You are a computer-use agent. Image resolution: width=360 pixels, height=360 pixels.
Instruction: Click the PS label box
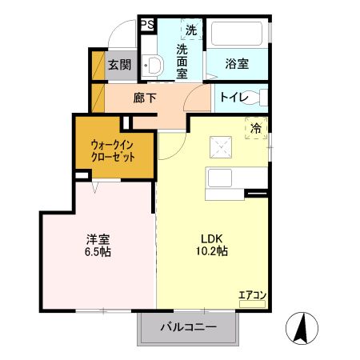pos(146,24)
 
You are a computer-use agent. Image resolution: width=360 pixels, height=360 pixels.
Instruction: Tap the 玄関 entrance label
pos(119,65)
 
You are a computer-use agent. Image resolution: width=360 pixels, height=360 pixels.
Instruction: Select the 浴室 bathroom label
pos(236,63)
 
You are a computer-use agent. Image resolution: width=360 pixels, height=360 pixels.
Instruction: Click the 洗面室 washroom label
pos(182,61)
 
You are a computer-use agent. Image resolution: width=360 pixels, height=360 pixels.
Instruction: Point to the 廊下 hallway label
pos(146,98)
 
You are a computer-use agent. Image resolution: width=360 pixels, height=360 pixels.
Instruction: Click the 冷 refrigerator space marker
pos(256,127)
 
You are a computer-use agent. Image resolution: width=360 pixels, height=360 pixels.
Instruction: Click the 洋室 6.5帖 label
pos(99,244)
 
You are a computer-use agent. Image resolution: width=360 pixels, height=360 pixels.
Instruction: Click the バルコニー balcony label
pos(189,327)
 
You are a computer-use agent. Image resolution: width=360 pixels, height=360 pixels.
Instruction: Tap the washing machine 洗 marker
pos(190,30)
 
